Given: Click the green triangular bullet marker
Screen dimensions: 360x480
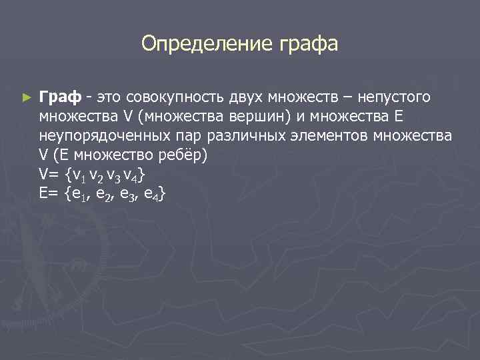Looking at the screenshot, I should pos(26,98).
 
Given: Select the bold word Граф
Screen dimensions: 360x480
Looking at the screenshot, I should pos(60,98).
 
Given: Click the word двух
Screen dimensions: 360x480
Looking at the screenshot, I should pos(239,98).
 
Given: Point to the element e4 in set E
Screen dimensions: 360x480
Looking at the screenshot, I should pos(151,194).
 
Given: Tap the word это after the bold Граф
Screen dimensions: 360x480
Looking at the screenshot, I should pos(109,98).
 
